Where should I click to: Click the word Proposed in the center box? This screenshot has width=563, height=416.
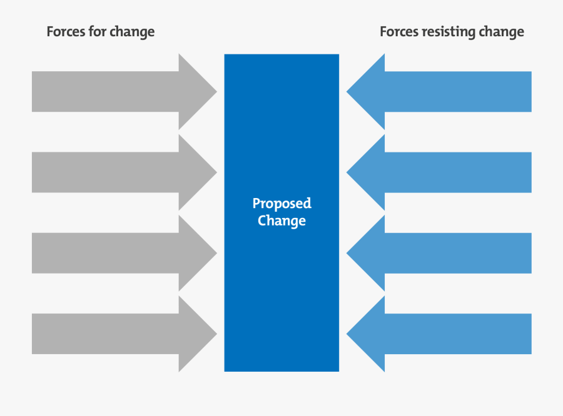click(x=281, y=204)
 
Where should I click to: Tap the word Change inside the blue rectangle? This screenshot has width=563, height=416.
click(x=281, y=221)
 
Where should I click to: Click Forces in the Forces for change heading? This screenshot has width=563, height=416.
click(x=67, y=32)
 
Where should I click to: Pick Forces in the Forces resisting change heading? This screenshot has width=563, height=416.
click(x=400, y=32)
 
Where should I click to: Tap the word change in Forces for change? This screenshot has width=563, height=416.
click(x=133, y=32)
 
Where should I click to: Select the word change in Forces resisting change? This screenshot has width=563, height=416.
click(x=502, y=32)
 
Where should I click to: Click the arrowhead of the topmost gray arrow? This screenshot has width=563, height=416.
click(x=194, y=92)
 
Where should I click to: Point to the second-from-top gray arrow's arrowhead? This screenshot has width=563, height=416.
click(x=194, y=172)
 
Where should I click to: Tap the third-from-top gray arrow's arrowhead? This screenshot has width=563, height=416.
click(x=194, y=253)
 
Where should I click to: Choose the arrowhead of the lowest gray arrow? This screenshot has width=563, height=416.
click(x=194, y=334)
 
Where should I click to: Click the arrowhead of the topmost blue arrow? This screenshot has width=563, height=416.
click(x=370, y=92)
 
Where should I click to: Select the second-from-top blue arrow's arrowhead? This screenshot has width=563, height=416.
click(x=370, y=172)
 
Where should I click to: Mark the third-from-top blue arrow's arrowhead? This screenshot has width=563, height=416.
click(x=370, y=253)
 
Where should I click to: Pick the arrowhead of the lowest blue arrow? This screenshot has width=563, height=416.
click(x=370, y=334)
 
